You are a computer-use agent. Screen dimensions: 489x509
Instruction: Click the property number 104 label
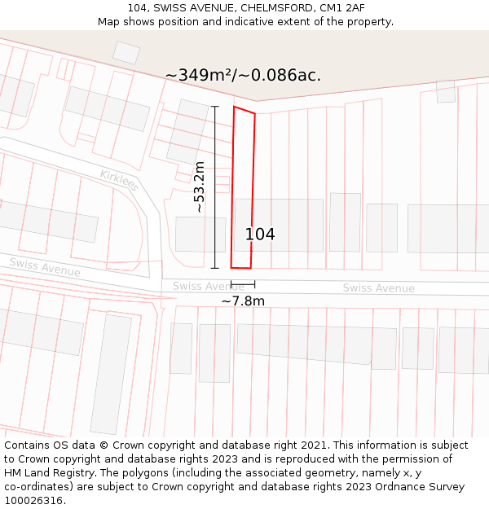[x=260, y=235]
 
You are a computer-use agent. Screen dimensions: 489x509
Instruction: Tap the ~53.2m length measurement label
[x=199, y=187]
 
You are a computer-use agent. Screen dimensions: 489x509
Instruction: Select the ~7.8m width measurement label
[x=243, y=301]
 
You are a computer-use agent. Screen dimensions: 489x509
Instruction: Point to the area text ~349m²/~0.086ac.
[x=243, y=76]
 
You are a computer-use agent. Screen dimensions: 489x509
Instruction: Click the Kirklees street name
[x=119, y=180]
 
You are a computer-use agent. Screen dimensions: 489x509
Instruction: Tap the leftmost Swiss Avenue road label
[x=45, y=266]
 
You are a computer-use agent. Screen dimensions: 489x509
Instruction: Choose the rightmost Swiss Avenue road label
[x=378, y=288]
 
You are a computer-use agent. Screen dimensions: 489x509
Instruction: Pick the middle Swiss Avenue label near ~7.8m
[x=208, y=286]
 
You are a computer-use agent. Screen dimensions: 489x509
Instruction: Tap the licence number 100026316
[x=33, y=501]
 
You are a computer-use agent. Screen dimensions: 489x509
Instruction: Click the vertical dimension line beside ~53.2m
[x=215, y=187]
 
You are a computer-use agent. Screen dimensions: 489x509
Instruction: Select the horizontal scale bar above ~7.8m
[x=243, y=284]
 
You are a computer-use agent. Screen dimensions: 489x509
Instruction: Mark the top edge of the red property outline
[x=244, y=110]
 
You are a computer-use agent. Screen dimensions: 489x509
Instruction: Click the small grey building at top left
[x=126, y=53]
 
